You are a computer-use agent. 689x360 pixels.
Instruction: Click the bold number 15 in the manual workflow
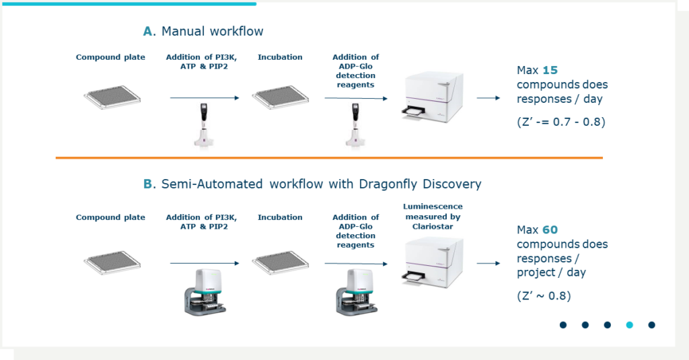pyautogui.click(x=550, y=70)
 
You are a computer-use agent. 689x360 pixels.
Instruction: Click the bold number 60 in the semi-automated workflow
pyautogui.click(x=550, y=230)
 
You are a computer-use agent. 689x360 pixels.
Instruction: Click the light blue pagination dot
pyautogui.click(x=629, y=325)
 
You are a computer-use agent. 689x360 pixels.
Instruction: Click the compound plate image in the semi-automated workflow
pyautogui.click(x=112, y=261)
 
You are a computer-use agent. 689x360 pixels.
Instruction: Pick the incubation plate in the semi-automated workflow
pyautogui.click(x=280, y=261)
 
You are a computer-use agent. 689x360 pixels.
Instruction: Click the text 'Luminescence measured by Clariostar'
pyautogui.click(x=433, y=217)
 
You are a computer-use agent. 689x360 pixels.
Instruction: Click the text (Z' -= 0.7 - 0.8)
pyautogui.click(x=556, y=122)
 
